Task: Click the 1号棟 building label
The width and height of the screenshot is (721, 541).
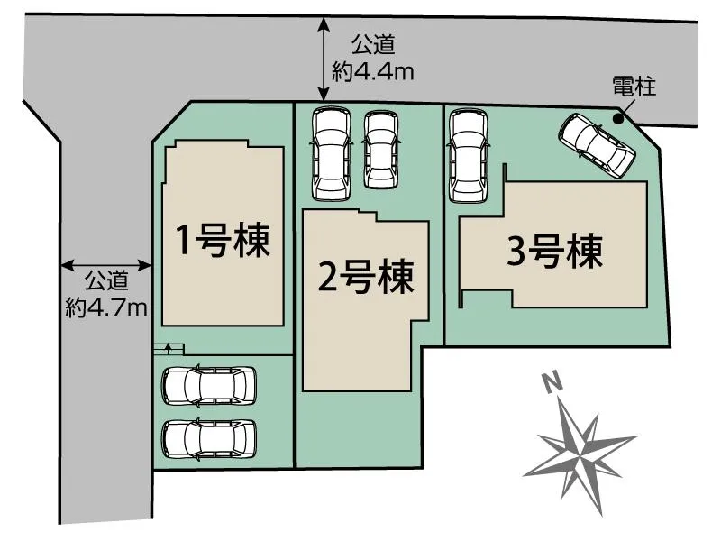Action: click(x=224, y=240)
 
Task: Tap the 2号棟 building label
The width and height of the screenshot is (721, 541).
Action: click(x=366, y=277)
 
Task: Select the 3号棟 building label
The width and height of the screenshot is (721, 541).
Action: click(x=554, y=252)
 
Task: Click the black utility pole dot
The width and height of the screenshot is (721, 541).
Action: click(x=618, y=119)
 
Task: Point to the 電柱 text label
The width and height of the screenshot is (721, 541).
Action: click(x=634, y=86)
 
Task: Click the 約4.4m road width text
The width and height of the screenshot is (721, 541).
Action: click(x=373, y=72)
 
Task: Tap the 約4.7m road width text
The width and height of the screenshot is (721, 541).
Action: click(x=106, y=307)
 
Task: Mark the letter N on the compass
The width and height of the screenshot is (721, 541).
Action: click(x=552, y=381)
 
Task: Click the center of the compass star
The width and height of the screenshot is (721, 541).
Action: click(x=581, y=452)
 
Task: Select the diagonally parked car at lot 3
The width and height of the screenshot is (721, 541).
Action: click(x=597, y=145)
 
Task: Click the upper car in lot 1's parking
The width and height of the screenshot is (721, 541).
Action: click(x=209, y=386)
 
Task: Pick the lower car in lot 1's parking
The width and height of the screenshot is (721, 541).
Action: click(x=209, y=439)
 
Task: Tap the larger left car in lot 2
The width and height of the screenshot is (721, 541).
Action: click(x=331, y=153)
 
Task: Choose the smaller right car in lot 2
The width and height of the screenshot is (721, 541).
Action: click(x=380, y=150)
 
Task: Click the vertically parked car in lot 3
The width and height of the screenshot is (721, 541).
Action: click(x=468, y=155)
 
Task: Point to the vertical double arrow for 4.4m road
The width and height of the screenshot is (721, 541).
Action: click(x=324, y=59)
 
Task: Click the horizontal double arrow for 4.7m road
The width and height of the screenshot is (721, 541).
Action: click(x=106, y=265)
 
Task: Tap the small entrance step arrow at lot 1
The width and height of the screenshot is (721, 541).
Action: click(x=168, y=347)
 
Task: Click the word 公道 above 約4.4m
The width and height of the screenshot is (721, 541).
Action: click(x=373, y=44)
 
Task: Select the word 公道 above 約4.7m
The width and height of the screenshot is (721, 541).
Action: click(x=106, y=280)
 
